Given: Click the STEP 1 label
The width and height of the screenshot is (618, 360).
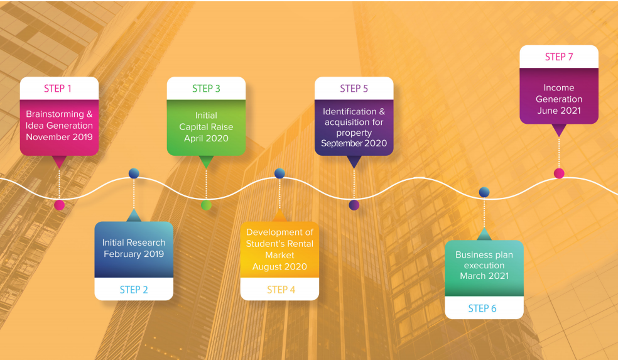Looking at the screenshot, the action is (58, 89).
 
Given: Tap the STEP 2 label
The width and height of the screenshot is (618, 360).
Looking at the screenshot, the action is (134, 290).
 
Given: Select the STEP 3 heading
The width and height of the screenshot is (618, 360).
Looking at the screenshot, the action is (206, 89).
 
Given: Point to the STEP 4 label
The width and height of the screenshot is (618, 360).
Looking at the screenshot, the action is (281, 290).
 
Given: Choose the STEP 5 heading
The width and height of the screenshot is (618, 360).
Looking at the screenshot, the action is (354, 89).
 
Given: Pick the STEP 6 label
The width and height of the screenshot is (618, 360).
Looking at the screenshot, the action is (482, 308).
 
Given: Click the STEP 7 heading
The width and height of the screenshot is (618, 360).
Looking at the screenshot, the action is (559, 57).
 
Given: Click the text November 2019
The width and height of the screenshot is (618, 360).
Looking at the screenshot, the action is (59, 137).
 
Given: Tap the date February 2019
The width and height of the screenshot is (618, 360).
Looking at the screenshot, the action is (134, 254).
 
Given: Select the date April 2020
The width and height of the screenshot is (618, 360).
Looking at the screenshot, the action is (206, 138).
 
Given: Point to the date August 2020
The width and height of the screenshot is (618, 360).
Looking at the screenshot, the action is (279, 267).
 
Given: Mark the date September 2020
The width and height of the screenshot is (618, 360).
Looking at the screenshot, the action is (354, 143).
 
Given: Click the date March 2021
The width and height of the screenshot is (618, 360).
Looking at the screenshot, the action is (484, 276).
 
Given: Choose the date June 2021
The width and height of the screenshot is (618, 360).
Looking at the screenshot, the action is (559, 111).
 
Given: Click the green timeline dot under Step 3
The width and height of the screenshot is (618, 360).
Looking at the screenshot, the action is (206, 205).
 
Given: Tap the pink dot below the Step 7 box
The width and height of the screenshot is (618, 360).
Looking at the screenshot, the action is (559, 173).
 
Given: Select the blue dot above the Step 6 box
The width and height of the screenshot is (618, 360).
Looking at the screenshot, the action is (484, 192).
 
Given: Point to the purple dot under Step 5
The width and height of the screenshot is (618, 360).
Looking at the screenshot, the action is (354, 205).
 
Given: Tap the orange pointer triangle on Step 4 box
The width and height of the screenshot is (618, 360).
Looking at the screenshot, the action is (279, 215).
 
